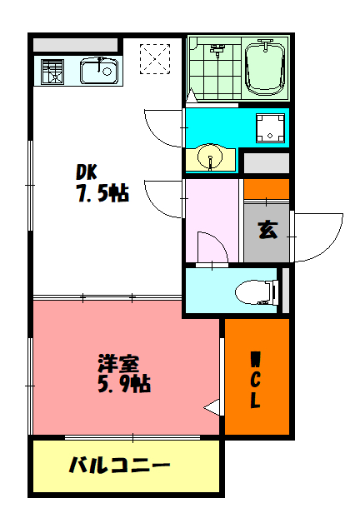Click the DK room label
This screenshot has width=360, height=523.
(87, 172)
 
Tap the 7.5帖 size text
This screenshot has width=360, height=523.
(102, 194)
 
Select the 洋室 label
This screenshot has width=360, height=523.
(117, 364)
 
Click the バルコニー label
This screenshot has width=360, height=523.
(119, 466)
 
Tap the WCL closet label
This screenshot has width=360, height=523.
(256, 381)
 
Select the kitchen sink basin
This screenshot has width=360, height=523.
(98, 70)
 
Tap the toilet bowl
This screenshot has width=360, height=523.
(253, 291)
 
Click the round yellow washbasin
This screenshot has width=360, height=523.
(209, 157)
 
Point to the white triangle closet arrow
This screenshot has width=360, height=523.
(214, 408)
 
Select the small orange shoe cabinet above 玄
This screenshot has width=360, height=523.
(267, 189)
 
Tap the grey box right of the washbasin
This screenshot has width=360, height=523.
(267, 162)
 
